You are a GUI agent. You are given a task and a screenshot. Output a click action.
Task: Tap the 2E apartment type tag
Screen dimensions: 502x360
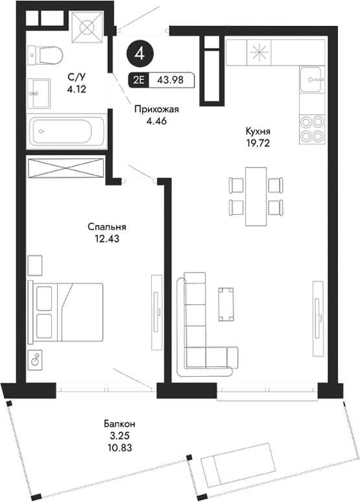coord(138,81)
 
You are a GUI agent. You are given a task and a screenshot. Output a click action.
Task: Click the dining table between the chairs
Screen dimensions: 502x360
coord(258,195)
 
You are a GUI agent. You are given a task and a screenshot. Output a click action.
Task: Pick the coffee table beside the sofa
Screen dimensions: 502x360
coord(226,304)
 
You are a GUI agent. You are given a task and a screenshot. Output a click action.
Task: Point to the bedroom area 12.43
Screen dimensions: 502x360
coord(106,238)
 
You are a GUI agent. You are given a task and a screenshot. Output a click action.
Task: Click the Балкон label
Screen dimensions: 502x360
coord(123,424)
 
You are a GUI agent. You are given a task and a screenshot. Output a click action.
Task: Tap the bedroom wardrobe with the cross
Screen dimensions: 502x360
coord(67,167)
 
